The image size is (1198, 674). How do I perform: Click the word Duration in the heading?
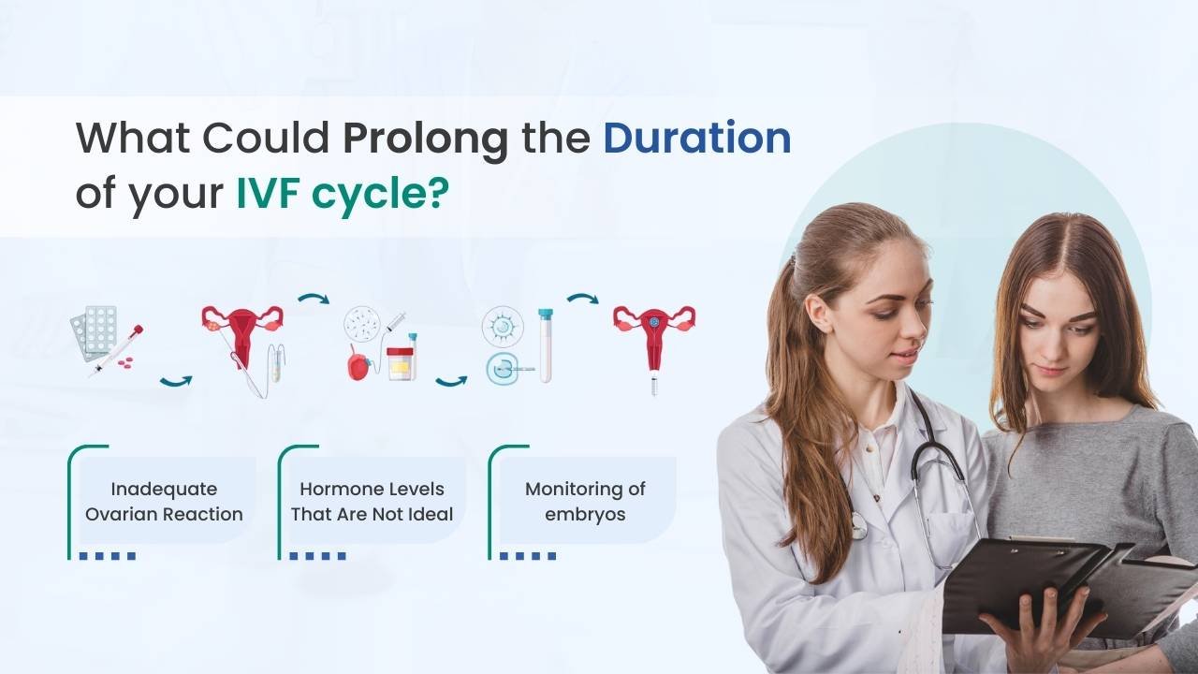[x=697, y=138]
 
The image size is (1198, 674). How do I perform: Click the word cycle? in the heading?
[x=380, y=196]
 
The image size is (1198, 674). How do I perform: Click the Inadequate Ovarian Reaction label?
[x=164, y=501]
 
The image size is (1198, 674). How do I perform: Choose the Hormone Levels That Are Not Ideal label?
[x=372, y=501]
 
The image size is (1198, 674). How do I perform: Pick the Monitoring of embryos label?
[x=585, y=501]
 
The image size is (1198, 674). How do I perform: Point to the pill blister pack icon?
[x=95, y=331]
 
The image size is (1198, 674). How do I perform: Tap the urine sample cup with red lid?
[x=402, y=364]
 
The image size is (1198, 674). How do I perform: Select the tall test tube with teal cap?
[x=546, y=345]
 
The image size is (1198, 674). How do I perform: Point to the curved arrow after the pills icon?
[x=176, y=381]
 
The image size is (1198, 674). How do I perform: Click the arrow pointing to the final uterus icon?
[x=583, y=298]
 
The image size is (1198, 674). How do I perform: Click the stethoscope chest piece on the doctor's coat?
[x=857, y=525]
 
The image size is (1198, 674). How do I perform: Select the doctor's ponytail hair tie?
[x=794, y=262]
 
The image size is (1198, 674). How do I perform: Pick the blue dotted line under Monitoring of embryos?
[x=528, y=556]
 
